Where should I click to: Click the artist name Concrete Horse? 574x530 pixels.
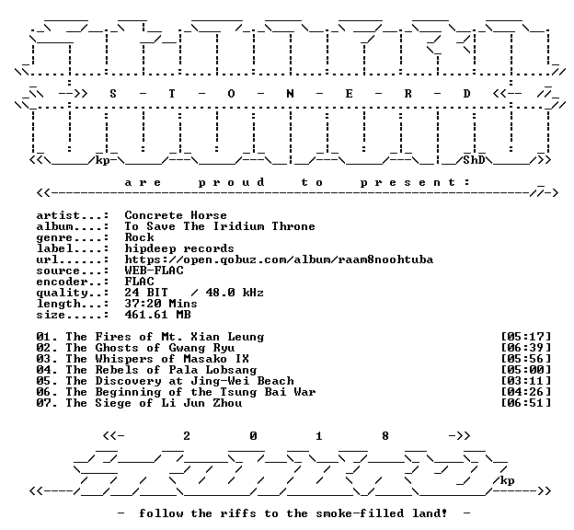[x=176, y=215]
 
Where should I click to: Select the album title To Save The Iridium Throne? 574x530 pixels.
[x=220, y=226]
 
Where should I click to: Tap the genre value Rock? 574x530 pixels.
[x=139, y=237]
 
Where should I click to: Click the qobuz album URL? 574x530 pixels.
[x=279, y=259]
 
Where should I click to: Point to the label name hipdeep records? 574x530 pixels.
[x=179, y=248]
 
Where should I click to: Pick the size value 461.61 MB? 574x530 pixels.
[x=158, y=315]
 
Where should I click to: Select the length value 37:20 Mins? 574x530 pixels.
[x=161, y=304]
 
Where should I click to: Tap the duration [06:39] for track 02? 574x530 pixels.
[x=525, y=348]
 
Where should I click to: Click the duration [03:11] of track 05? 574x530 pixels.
[x=525, y=381]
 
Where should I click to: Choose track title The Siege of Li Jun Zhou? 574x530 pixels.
[x=154, y=403]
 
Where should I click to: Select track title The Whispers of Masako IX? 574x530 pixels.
[x=157, y=359]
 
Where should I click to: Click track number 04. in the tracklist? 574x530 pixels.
[x=47, y=370]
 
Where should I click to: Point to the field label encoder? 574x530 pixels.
[x=62, y=282]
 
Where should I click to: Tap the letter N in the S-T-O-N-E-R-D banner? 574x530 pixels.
[x=290, y=94]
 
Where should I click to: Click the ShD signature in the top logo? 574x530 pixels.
[x=474, y=160]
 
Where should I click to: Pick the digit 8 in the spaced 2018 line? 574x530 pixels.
[x=385, y=436]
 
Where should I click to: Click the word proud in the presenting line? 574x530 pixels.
[x=232, y=182]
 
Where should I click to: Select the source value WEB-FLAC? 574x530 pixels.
[x=155, y=271]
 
